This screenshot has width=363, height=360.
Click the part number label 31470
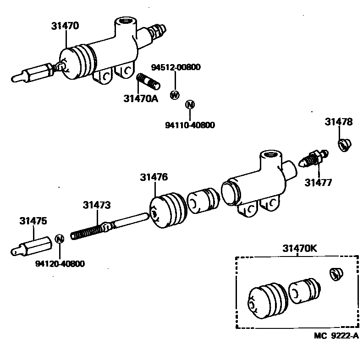[x=65, y=26]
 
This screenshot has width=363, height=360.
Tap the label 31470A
[x=140, y=98]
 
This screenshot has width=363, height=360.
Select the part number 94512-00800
[x=176, y=68]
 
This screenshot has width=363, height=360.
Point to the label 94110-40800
[x=190, y=125]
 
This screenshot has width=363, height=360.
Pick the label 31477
[x=319, y=182]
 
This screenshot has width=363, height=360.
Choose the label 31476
[x=154, y=177]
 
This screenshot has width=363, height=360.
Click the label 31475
[x=33, y=221]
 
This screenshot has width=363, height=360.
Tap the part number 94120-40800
[x=60, y=264]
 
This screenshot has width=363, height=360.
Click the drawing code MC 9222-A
[x=336, y=336]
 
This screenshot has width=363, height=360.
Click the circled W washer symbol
[x=174, y=95]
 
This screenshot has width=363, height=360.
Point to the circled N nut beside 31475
[x=59, y=239]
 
